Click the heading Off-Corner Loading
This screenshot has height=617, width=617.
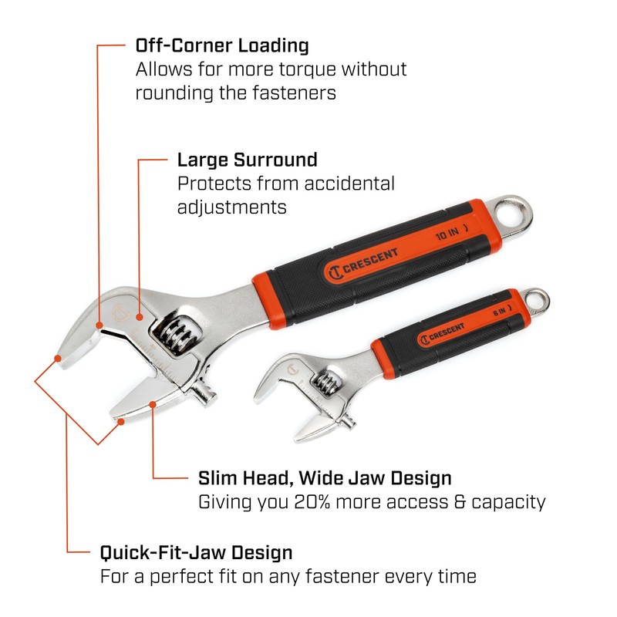[222, 45]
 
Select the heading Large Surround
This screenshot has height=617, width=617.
[247, 160]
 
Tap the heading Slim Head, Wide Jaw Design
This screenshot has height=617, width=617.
[325, 478]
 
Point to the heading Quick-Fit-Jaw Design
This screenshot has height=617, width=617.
[196, 552]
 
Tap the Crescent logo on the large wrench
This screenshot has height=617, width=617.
[362, 262]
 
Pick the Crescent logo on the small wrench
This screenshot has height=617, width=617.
[442, 334]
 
